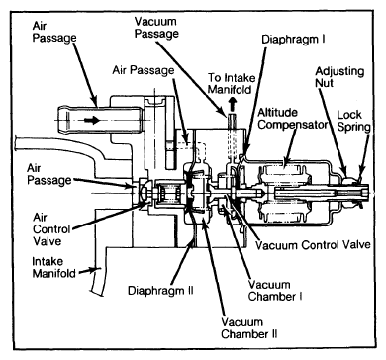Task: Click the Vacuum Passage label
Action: pyautogui.click(x=156, y=28)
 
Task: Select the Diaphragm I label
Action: pyautogui.click(x=293, y=40)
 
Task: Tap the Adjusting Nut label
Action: pyautogui.click(x=339, y=77)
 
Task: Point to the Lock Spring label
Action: pyautogui.click(x=353, y=121)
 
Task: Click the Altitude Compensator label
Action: pyautogui.click(x=293, y=119)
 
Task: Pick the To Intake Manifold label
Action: pyautogui.click(x=232, y=84)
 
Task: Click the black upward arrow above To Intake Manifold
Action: pyautogui.click(x=233, y=103)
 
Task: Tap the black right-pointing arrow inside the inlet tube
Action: pyautogui.click(x=92, y=120)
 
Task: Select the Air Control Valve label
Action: pyautogui.click(x=51, y=229)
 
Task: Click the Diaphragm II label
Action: pyautogui.click(x=160, y=291)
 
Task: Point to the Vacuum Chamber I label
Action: pyautogui.click(x=275, y=291)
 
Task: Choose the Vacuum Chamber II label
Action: pyautogui.click(x=249, y=328)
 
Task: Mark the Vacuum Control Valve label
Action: pyautogui.click(x=314, y=245)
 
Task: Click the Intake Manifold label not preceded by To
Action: pyautogui.click(x=54, y=267)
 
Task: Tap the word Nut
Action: pyautogui.click(x=324, y=83)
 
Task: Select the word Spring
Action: pyautogui.click(x=354, y=127)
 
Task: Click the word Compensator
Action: pyautogui.click(x=293, y=125)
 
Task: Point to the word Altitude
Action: pyautogui.click(x=277, y=113)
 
